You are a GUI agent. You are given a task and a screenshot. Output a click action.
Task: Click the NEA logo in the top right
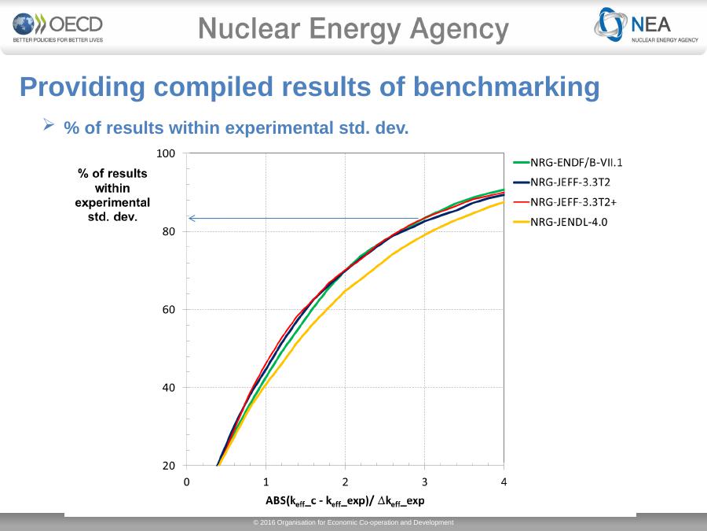point(646,27)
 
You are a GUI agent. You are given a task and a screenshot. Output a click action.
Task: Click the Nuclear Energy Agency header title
point(353,30)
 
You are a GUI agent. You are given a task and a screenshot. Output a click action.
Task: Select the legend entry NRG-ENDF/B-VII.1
point(577,164)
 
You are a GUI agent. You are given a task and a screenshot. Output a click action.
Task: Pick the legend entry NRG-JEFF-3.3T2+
point(576,202)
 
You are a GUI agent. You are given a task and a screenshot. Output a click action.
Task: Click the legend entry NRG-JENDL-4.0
point(570,222)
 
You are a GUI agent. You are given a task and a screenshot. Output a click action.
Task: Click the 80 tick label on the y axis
point(168,231)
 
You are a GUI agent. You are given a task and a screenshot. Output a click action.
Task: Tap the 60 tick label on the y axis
point(168,309)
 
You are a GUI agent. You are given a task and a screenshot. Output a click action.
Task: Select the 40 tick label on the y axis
point(168,387)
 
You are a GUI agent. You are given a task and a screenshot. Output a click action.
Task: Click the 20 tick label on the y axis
point(168,465)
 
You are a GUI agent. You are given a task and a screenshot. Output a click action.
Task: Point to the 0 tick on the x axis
point(187,481)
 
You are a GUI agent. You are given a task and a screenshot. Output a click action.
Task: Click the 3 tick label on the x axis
point(424,481)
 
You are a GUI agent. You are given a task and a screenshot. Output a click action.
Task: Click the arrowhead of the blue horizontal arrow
point(191,218)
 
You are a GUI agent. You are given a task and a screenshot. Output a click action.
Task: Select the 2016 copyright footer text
point(353,523)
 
